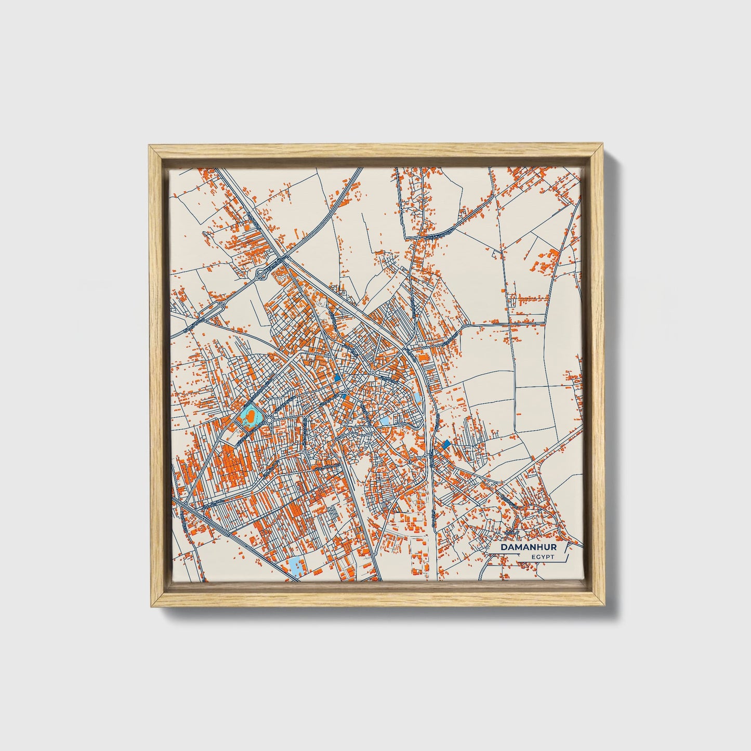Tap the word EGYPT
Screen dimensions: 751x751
point(543,557)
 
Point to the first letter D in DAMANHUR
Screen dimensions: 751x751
point(504,548)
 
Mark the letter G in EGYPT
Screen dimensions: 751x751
point(538,557)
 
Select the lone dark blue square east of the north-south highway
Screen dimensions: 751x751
point(445,444)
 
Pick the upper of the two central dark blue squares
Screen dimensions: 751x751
point(337,378)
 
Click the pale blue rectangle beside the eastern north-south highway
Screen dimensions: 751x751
point(417,399)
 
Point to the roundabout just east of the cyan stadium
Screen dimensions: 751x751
point(270,419)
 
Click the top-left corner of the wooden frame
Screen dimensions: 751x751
point(150,146)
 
